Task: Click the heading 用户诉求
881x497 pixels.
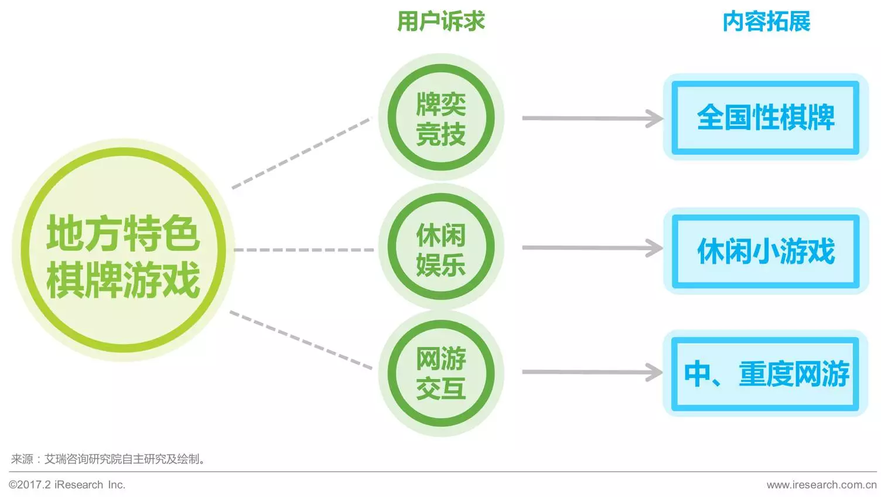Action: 440,22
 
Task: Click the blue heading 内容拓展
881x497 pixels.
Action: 766,22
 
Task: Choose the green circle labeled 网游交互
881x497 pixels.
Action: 440,373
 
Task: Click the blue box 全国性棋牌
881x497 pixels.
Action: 765,117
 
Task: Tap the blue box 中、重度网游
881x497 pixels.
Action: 765,373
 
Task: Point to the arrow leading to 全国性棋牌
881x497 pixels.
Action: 592,118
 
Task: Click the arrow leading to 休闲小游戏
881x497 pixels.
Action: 592,248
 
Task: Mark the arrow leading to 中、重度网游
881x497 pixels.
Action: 592,372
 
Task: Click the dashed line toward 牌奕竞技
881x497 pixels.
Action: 302,153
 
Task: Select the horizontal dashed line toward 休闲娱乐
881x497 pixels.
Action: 303,250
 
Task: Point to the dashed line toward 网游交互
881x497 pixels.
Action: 301,340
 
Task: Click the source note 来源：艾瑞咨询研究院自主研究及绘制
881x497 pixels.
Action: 108,459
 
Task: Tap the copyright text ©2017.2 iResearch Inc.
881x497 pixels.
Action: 67,485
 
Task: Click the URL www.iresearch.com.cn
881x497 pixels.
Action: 821,485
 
